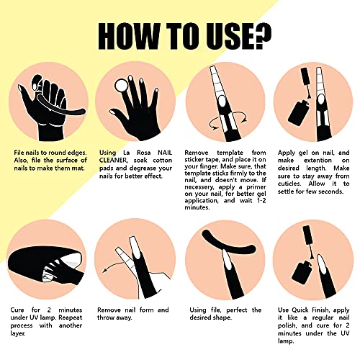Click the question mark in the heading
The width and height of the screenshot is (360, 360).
click(x=260, y=36)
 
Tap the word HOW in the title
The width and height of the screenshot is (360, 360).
click(x=128, y=36)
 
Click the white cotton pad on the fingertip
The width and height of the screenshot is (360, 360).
click(x=121, y=86)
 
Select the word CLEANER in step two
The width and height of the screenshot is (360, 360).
click(x=112, y=160)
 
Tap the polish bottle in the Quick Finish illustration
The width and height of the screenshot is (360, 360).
click(x=302, y=273)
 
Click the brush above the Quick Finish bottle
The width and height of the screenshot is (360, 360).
click(x=308, y=242)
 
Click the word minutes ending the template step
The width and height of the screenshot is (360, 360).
click(x=197, y=207)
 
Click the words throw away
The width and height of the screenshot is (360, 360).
click(x=114, y=318)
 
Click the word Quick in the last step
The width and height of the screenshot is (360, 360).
click(x=300, y=310)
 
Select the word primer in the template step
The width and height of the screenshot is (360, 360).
click(x=256, y=187)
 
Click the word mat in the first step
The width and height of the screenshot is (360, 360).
click(x=78, y=168)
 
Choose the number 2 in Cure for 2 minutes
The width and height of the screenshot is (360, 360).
click(x=49, y=310)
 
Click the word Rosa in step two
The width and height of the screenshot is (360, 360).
click(x=144, y=153)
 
